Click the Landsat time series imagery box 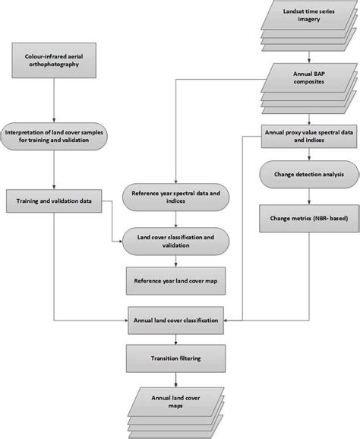click(305, 16)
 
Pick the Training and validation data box click(54, 201)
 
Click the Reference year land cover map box click(176, 281)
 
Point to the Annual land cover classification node click(176, 321)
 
